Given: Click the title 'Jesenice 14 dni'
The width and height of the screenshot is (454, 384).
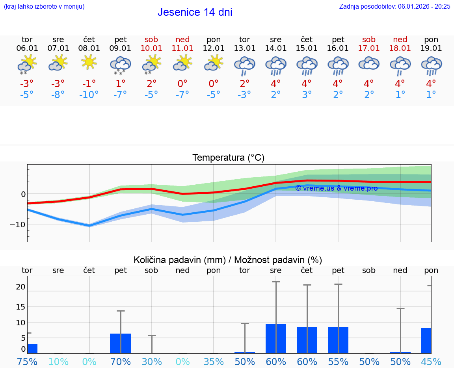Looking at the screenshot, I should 195,12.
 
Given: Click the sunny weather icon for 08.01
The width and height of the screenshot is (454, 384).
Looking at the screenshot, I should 89,62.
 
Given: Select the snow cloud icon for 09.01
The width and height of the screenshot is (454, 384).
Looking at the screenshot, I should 120,65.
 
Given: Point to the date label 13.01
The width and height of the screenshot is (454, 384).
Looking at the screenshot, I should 244,48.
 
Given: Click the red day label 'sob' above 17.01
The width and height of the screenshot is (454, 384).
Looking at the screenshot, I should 369,39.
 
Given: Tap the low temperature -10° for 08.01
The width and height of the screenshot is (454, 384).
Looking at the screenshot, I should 89,95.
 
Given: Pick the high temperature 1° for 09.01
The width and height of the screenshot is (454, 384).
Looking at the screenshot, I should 120,83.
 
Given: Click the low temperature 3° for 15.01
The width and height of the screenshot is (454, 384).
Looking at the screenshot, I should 307,95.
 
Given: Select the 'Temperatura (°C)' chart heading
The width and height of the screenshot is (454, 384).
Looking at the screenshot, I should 228,158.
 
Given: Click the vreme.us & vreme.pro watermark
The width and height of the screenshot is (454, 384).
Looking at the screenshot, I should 336,188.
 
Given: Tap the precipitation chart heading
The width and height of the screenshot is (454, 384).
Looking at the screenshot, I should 228,260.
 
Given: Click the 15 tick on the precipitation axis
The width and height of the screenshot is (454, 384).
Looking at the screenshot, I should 20,306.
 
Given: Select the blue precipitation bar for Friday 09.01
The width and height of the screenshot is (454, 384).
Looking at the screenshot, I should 120,343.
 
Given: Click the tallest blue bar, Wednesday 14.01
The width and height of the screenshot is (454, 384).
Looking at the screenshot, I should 275,339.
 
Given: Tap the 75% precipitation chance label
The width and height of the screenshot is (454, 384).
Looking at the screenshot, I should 27,362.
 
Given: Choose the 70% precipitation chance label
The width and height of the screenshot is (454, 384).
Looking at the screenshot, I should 120,362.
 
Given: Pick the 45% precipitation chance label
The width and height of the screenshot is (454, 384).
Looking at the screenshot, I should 431,362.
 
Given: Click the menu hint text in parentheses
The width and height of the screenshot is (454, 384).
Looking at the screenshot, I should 44,6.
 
